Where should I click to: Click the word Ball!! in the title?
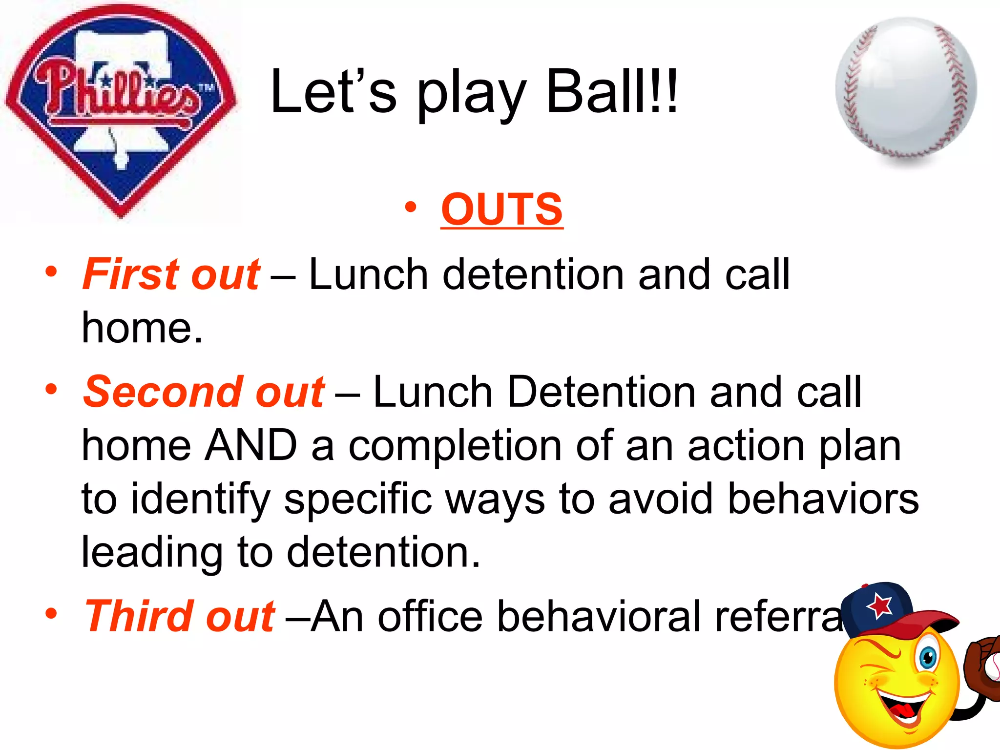pos(612,91)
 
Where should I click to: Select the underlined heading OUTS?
pos(501,209)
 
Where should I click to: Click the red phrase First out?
pos(171,274)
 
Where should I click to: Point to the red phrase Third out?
pos(180,616)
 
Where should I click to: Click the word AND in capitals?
pos(250,445)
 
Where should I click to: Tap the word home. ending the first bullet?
pos(142,328)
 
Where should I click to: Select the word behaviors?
pos(823,499)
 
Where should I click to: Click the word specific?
pos(358,499)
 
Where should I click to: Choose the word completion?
pos(455,446)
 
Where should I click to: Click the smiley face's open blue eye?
pos(927,658)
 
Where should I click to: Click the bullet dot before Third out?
pos(51,613)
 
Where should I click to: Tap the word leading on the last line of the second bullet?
pos(151,553)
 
